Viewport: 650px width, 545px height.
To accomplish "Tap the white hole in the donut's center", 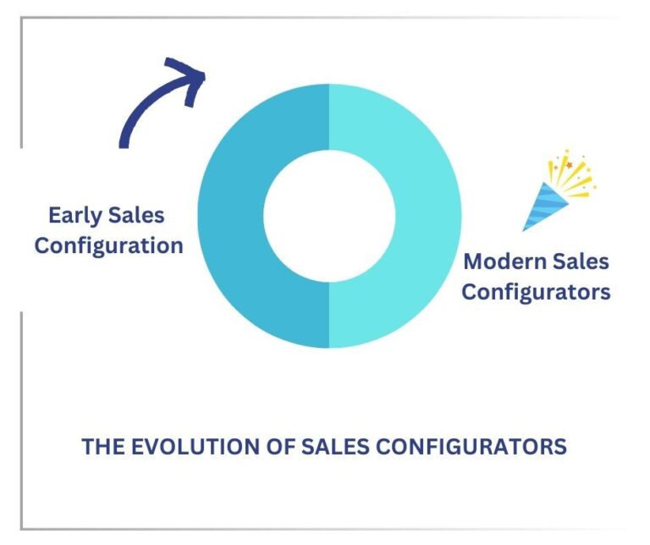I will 329,216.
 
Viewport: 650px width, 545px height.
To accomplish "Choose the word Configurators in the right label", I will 536,292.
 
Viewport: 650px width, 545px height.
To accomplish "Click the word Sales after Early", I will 136,215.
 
